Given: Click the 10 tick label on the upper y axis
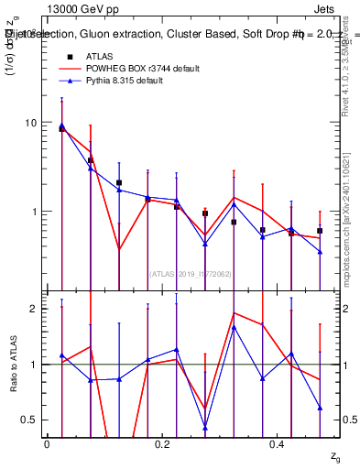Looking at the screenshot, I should (30, 123).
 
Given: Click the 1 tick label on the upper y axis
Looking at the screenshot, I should (34, 212).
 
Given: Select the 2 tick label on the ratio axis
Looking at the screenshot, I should (34, 309).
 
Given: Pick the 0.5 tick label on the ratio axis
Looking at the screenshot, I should (29, 420).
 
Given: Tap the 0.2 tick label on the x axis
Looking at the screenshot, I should (163, 444).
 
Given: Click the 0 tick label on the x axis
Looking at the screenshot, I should (47, 444).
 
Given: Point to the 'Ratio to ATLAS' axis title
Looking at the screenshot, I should (13, 365).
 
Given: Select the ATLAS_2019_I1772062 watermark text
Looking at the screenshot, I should (191, 273).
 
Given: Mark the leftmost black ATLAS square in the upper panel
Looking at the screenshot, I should (61, 129).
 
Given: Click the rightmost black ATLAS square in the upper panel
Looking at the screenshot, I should (320, 231).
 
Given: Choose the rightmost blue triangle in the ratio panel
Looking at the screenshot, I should (320, 408).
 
